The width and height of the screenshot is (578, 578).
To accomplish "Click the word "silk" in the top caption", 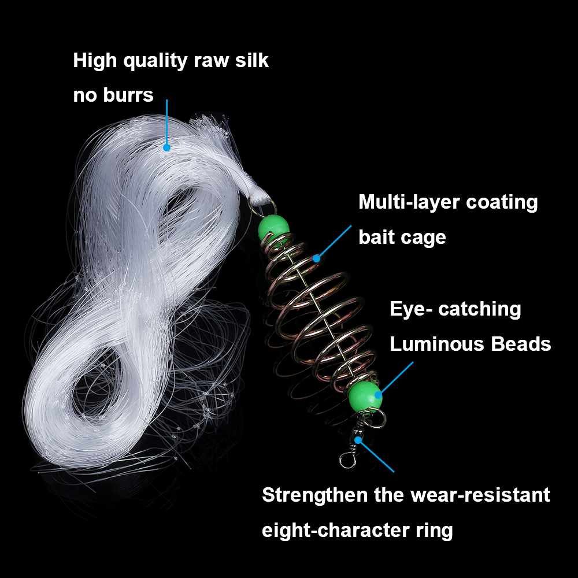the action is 252,60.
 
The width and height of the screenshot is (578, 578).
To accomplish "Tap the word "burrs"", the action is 128,95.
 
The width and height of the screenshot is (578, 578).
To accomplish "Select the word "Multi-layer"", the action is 409,202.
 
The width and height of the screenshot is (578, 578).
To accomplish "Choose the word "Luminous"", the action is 437,344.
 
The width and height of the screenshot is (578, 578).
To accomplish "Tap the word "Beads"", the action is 521,344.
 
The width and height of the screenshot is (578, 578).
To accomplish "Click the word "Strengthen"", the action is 315,495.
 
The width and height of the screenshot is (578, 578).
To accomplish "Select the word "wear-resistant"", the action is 480,495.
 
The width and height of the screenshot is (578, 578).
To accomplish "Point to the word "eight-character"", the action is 335,531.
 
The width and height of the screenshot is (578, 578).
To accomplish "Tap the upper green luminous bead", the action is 273,227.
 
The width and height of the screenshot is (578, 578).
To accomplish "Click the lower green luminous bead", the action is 365,397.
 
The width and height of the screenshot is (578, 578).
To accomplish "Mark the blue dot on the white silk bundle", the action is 166,147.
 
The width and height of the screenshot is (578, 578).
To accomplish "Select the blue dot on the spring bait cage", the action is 316,259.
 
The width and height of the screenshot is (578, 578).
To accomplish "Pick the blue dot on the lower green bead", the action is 378,395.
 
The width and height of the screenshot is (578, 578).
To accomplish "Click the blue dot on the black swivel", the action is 358,440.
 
